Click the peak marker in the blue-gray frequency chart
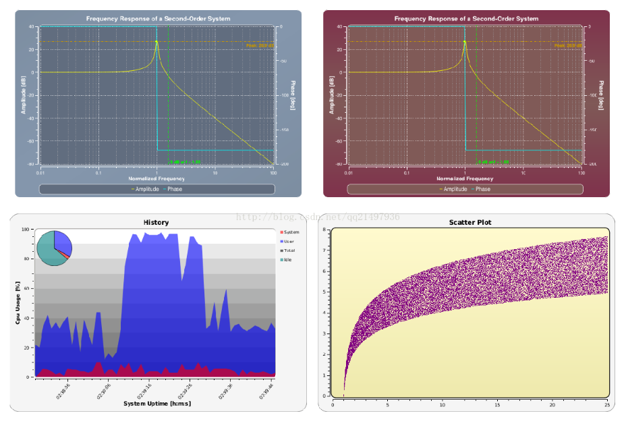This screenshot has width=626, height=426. point(156,42)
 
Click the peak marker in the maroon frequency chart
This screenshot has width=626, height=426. point(465,42)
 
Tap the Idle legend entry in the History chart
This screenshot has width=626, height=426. point(288,260)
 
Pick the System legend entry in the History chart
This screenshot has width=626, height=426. point(289,232)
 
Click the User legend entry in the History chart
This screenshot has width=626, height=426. point(288,241)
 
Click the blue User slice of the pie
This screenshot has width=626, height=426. point(63,242)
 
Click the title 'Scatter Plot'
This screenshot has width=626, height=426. point(469,222)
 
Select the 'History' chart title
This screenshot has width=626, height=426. point(156,222)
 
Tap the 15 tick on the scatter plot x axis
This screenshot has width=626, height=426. point(498,405)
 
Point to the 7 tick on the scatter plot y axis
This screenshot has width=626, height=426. point(324,250)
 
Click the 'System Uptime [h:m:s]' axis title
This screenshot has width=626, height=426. point(156,404)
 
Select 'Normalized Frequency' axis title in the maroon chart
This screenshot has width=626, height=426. point(465,179)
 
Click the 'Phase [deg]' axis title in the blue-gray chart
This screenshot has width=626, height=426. point(293,95)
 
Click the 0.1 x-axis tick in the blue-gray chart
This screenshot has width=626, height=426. point(98,174)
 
